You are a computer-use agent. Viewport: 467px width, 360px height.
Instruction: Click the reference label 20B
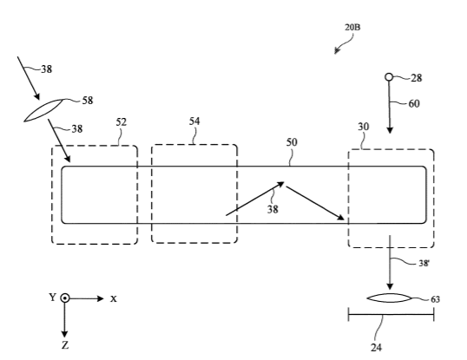coord(352,28)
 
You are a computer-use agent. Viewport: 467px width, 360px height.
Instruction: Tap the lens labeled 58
coord(43,110)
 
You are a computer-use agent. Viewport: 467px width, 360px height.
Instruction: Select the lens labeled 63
coord(389,298)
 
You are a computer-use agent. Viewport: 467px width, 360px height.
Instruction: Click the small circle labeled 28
coord(389,77)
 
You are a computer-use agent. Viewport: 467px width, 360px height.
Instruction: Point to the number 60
coord(414,103)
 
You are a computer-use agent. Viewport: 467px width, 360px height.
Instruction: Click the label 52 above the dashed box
coord(121,122)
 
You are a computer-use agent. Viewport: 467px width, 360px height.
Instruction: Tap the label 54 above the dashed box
coord(194,121)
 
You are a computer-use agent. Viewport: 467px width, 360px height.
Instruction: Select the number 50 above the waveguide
coord(292,142)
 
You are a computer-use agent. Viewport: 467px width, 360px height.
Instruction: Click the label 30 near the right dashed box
coord(364,127)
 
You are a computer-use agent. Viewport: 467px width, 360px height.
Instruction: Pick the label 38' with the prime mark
coord(424,263)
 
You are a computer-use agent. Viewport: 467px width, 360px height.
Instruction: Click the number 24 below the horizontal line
coord(376,347)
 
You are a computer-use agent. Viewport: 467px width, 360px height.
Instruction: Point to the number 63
coord(435,299)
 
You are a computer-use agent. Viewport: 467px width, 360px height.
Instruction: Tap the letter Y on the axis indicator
coord(52,297)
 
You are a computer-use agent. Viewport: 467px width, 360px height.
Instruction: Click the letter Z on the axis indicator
coord(65,345)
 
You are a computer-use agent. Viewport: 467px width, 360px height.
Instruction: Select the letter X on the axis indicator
coord(114,298)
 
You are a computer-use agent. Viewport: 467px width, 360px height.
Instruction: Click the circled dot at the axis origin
coord(65,298)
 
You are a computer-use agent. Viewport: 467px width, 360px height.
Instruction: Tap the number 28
coord(417,78)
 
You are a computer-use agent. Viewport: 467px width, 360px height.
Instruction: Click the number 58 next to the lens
coord(88,101)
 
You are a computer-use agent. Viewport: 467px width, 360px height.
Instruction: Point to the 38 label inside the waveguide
coord(273,209)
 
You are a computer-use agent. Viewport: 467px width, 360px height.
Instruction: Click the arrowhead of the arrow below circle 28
coord(390,130)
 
